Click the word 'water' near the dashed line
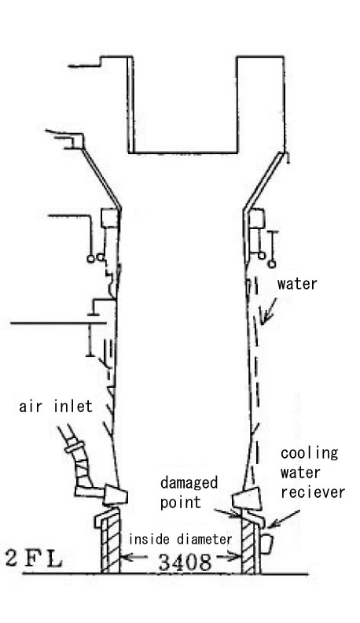coord(297,284)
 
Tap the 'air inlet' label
coord(56,406)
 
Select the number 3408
coord(185,562)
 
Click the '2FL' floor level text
coord(34,558)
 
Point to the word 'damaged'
coord(189,484)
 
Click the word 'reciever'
coord(313,492)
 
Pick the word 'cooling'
coord(309,453)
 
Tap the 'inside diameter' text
coord(180,539)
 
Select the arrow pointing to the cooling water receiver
coord(284,519)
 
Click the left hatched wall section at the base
coord(110,544)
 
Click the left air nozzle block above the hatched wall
coord(116,495)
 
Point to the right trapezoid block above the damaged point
coord(247,498)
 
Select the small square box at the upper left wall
coord(109,218)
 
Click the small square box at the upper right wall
coord(257,219)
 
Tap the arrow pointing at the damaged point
coord(227,513)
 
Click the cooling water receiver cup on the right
coord(266,544)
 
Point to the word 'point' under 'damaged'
coord(181,503)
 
